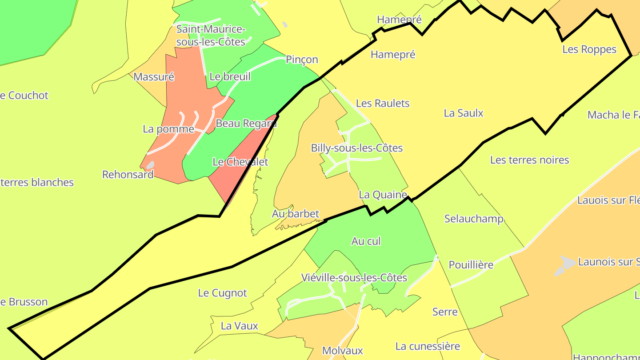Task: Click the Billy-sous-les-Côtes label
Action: point(356,148)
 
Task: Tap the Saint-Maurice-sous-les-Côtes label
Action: point(211,36)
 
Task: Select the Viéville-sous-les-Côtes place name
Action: point(354,278)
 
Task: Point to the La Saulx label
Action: point(464,113)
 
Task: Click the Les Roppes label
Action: point(589,49)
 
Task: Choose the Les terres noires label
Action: point(529,160)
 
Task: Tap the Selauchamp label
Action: point(474,219)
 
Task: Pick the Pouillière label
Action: point(471,265)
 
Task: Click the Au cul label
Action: point(366,241)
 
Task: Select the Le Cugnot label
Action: point(222,293)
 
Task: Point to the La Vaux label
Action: point(239,326)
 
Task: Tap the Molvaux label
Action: point(342,351)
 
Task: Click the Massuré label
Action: point(153,77)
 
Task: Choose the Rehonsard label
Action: point(128,174)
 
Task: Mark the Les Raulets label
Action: point(383,103)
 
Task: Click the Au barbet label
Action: point(295,214)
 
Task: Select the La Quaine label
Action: point(383,195)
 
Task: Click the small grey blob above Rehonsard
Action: point(150,165)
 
